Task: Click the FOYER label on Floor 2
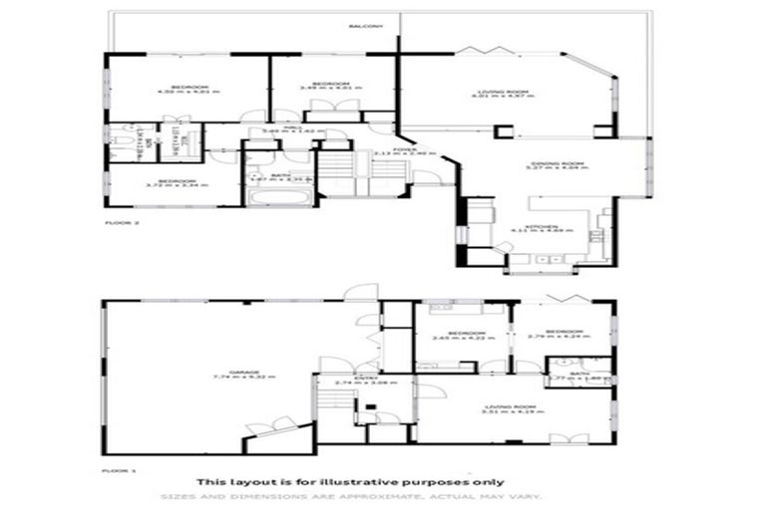[x=404, y=149]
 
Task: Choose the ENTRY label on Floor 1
[x=345, y=378]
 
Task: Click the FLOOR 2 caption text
[x=122, y=223]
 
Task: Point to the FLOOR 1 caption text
[x=118, y=466]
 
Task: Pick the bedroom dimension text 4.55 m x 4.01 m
[x=188, y=93]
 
